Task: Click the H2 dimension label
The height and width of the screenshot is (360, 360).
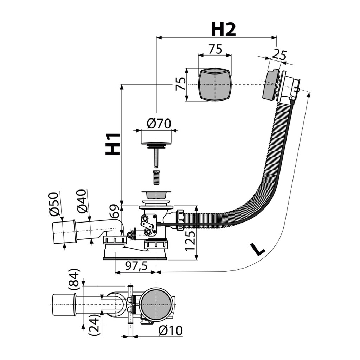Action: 223,30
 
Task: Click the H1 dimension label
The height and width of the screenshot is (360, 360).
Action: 113,144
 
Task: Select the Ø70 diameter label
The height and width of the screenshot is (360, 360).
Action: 159,123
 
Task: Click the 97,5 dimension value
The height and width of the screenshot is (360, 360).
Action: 136,266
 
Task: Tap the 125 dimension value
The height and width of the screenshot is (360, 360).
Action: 190,241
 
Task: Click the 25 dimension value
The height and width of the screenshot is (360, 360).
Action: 279,55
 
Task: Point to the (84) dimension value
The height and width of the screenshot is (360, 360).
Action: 73,279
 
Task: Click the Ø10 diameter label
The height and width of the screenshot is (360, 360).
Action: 171,330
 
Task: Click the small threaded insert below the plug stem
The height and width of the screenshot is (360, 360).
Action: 156,177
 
